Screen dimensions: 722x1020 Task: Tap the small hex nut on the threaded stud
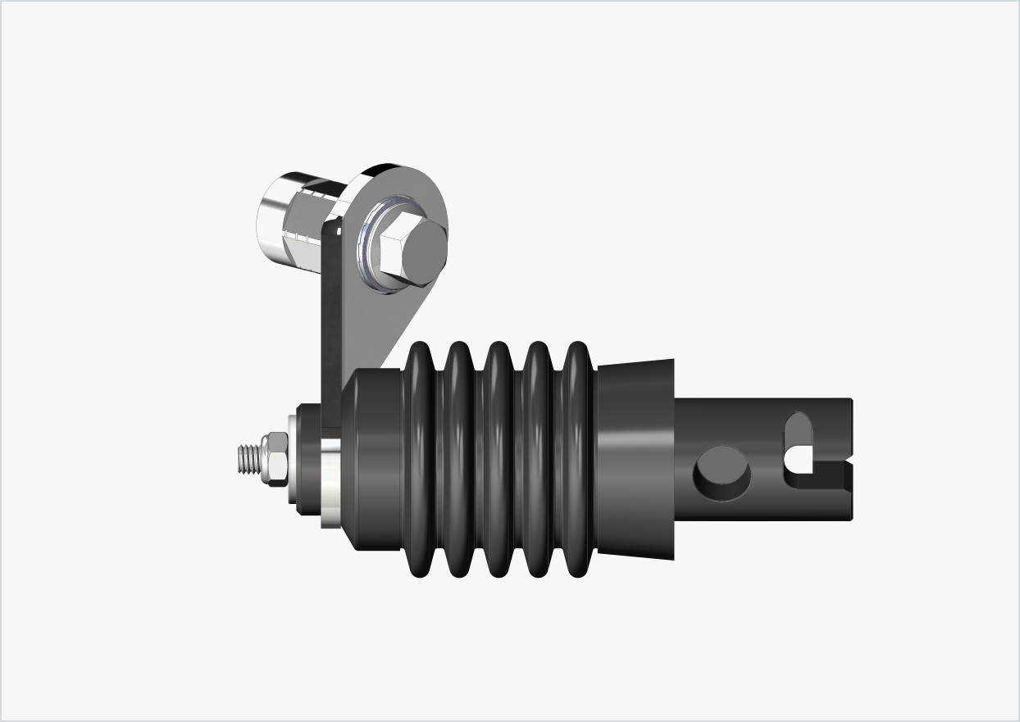tap(274, 460)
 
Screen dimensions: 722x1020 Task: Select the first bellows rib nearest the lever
tap(420, 459)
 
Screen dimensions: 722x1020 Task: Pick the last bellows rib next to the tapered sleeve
tap(578, 459)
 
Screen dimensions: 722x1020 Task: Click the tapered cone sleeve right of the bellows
tap(635, 459)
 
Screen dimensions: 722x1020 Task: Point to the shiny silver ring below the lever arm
tap(330, 484)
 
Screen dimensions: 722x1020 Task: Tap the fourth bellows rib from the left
tap(538, 459)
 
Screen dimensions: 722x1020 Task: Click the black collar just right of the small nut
tap(307, 460)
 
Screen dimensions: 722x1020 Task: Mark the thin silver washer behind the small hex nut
tap(291, 460)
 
